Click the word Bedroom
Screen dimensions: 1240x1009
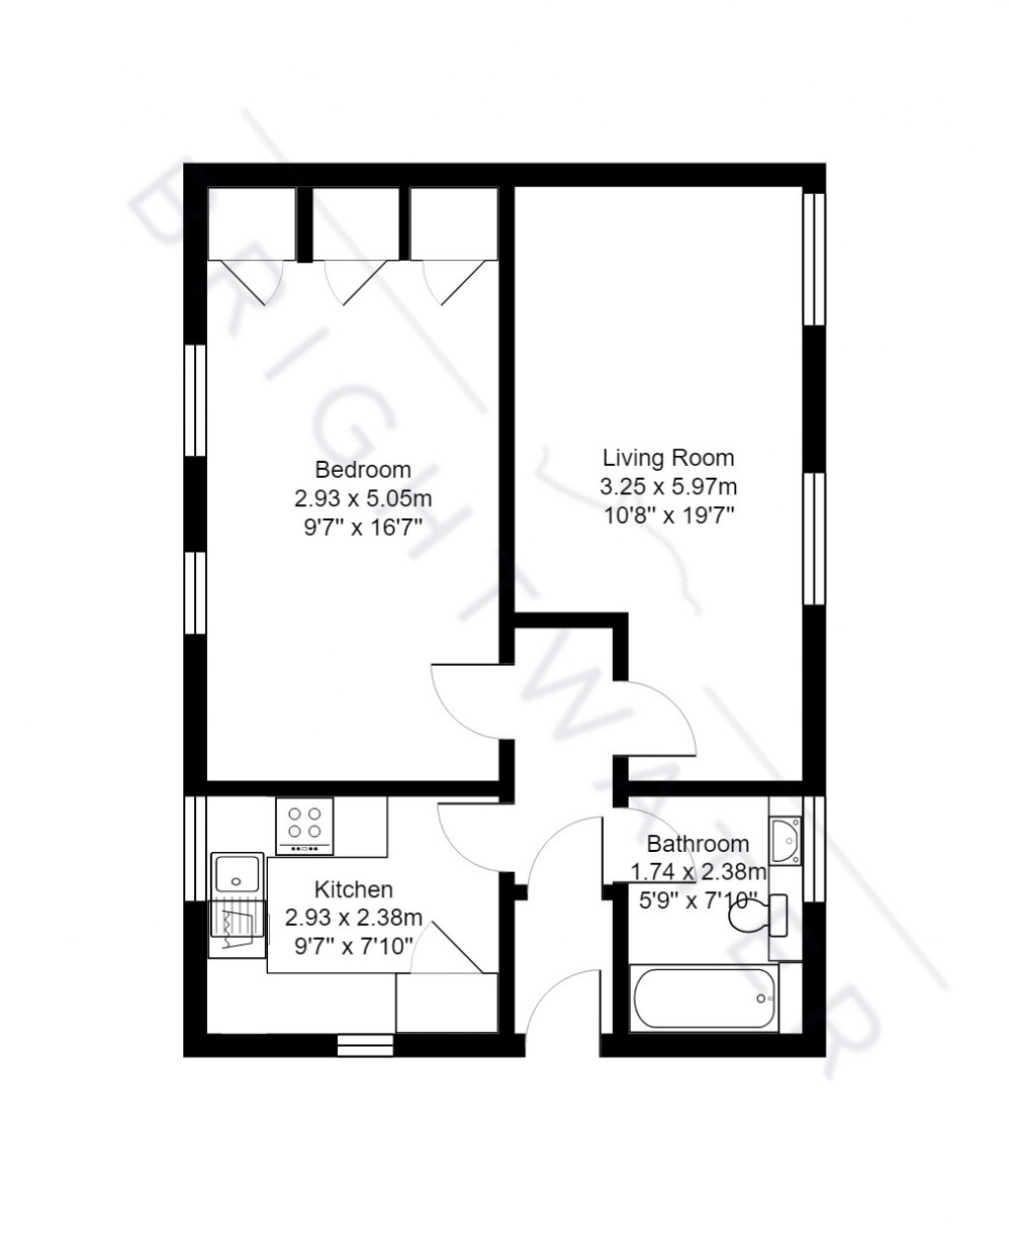(363, 469)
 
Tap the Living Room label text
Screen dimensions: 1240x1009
(668, 458)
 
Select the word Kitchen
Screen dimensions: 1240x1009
(353, 890)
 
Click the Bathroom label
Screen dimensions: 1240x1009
(698, 844)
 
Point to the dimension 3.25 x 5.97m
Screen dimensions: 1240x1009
(668, 487)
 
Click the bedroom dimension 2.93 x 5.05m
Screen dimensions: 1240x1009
(363, 497)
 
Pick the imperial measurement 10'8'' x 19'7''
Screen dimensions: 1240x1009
(668, 514)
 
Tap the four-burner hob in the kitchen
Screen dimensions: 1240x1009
(305, 824)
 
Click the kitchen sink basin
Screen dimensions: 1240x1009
(236, 874)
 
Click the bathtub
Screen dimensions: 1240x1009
(705, 998)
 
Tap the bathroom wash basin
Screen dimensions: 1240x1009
(786, 840)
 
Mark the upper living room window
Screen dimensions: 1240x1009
(813, 258)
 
